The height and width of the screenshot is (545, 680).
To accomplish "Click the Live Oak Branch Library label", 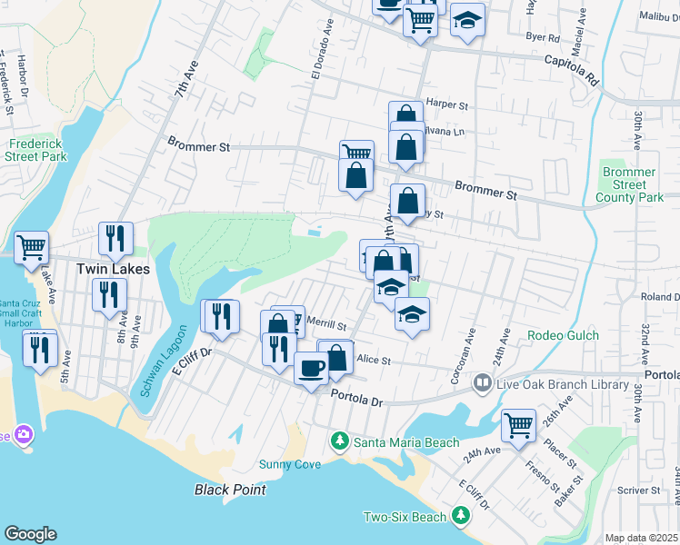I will [x=562, y=384].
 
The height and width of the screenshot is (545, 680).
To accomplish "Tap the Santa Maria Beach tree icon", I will [x=340, y=441].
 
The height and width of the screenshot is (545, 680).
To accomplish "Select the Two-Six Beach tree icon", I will [x=461, y=517].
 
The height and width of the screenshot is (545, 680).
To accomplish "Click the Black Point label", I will [x=231, y=490].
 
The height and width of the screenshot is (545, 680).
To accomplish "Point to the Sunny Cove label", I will [x=289, y=464].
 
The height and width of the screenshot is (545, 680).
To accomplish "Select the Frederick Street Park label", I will [x=38, y=150].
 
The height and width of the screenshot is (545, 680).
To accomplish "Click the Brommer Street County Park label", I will [x=629, y=184].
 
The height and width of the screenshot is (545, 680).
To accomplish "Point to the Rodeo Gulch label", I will [x=563, y=335].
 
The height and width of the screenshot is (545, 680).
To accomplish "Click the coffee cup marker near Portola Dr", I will [x=311, y=368].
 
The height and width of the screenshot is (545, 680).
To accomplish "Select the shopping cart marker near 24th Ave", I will [x=518, y=423].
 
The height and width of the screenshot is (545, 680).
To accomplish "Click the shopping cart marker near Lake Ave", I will [x=31, y=246].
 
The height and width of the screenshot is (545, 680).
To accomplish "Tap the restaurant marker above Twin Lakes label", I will [x=115, y=238].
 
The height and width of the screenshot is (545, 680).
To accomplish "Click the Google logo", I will [x=30, y=534].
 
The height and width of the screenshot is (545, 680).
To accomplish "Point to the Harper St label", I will [x=446, y=104].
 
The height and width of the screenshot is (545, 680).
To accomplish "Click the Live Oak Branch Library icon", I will [x=482, y=384].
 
